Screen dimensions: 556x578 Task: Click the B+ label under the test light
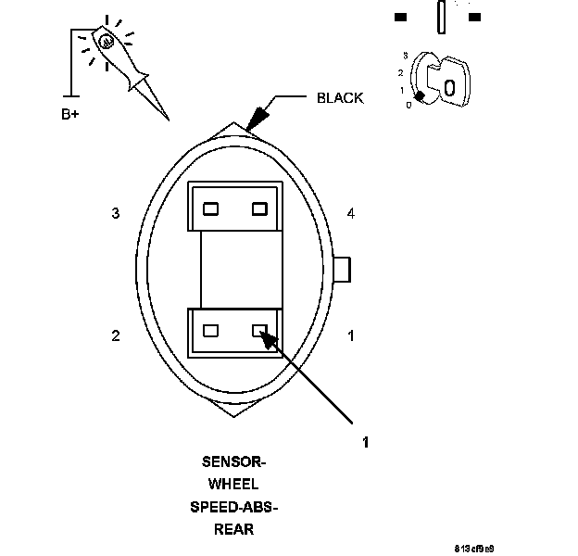[x=70, y=116]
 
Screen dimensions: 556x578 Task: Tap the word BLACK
[x=340, y=97]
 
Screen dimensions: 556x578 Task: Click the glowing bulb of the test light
[x=107, y=41]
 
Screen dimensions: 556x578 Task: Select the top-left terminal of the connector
[x=211, y=208]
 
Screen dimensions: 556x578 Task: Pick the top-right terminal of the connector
[x=259, y=208]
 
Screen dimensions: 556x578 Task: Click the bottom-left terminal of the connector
[x=211, y=329]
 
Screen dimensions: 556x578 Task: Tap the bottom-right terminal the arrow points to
[x=260, y=329]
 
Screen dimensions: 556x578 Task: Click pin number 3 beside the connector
[x=116, y=214]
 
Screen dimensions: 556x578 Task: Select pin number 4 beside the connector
[x=350, y=214]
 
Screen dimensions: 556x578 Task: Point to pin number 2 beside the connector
[x=116, y=335]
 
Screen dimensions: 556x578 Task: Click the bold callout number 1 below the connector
[x=365, y=443]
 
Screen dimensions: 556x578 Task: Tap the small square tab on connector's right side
[x=342, y=269]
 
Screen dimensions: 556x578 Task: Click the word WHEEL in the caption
[x=233, y=484]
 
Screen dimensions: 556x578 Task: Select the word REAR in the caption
[x=233, y=530]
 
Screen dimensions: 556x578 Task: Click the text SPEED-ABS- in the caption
[x=233, y=507]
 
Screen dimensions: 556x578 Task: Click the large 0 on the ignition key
[x=448, y=87]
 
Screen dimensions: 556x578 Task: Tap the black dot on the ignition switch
[x=420, y=96]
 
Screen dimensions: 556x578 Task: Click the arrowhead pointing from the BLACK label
[x=257, y=116]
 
